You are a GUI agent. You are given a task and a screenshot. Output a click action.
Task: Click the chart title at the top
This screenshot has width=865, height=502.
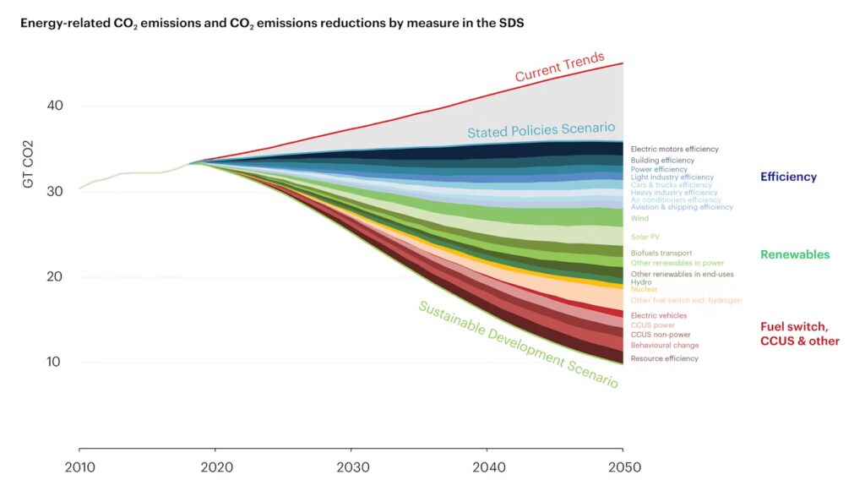[272, 23]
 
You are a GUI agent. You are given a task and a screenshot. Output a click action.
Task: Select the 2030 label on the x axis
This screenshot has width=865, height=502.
[351, 467]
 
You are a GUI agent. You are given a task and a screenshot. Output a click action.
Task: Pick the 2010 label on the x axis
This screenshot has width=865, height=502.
[79, 467]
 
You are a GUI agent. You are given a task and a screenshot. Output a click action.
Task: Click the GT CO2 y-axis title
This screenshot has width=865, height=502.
[28, 164]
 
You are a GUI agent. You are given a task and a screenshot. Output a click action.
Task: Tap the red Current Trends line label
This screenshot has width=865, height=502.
[560, 68]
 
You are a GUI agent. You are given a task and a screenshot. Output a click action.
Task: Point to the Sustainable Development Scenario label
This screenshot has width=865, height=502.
[518, 345]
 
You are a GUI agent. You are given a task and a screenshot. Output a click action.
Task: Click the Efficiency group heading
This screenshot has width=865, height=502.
[788, 177]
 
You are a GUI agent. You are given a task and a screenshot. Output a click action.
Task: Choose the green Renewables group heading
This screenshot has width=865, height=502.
[794, 254]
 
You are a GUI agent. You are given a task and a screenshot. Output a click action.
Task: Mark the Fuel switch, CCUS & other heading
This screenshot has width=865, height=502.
[799, 334]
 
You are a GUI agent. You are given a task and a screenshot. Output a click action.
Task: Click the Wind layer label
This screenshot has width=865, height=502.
[639, 218]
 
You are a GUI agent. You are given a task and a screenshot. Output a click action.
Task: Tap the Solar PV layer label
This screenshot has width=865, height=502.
[645, 237]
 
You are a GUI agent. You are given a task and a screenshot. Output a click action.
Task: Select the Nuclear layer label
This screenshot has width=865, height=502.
[644, 289]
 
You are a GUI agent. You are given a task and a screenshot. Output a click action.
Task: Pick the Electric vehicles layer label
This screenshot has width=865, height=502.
[659, 315]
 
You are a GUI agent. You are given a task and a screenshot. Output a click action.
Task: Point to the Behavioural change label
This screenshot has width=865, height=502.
[665, 345]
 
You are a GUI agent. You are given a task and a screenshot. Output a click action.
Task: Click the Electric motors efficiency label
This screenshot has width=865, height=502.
[674, 149]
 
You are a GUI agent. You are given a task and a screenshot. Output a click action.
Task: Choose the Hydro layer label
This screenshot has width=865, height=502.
[641, 281]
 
